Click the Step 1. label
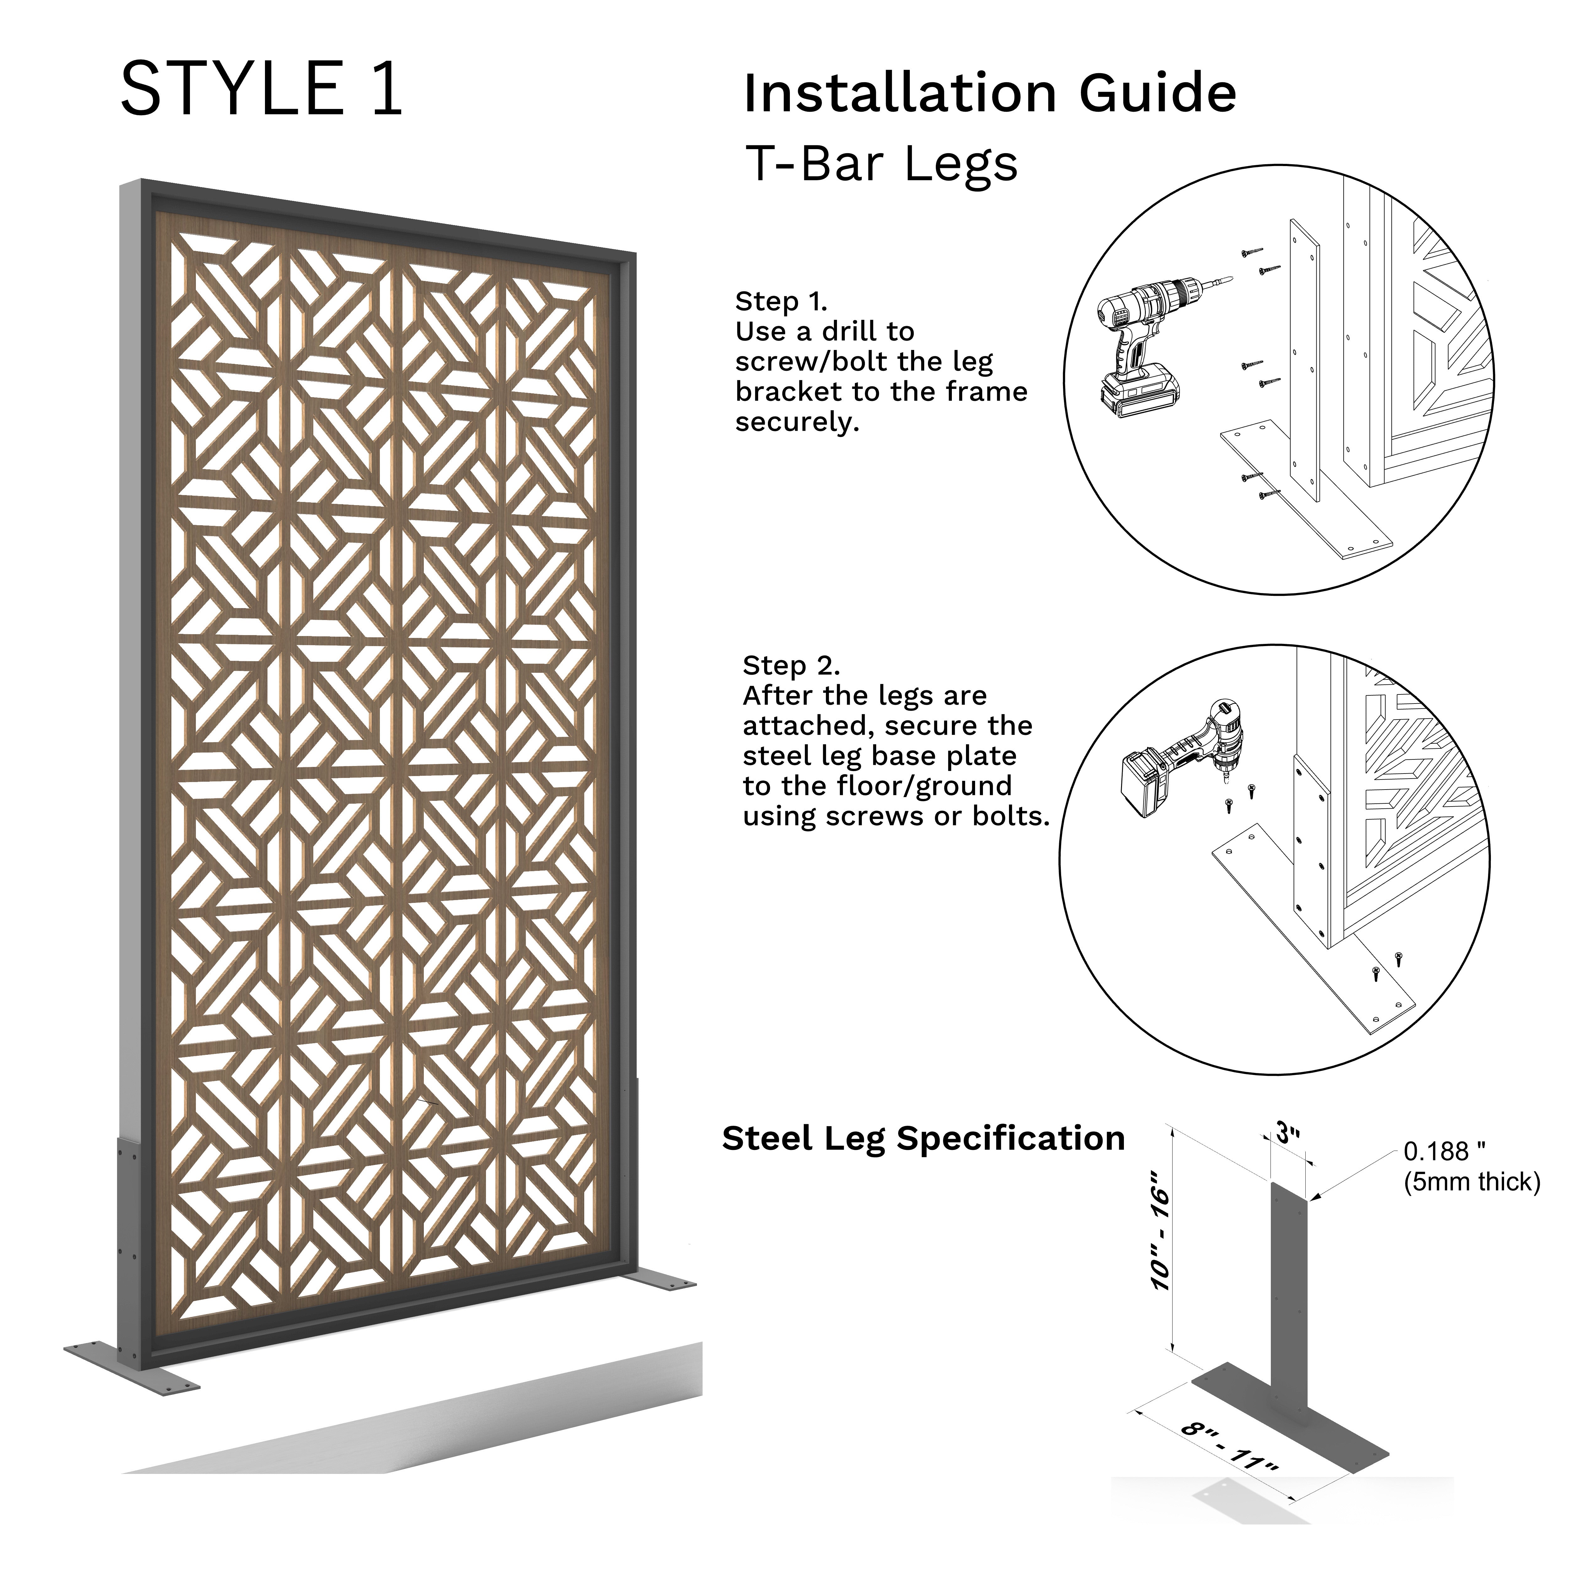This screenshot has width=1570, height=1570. click(781, 301)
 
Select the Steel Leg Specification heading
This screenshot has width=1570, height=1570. click(923, 1139)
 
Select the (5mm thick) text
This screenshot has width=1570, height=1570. click(1472, 1182)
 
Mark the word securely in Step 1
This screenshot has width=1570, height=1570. click(796, 423)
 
